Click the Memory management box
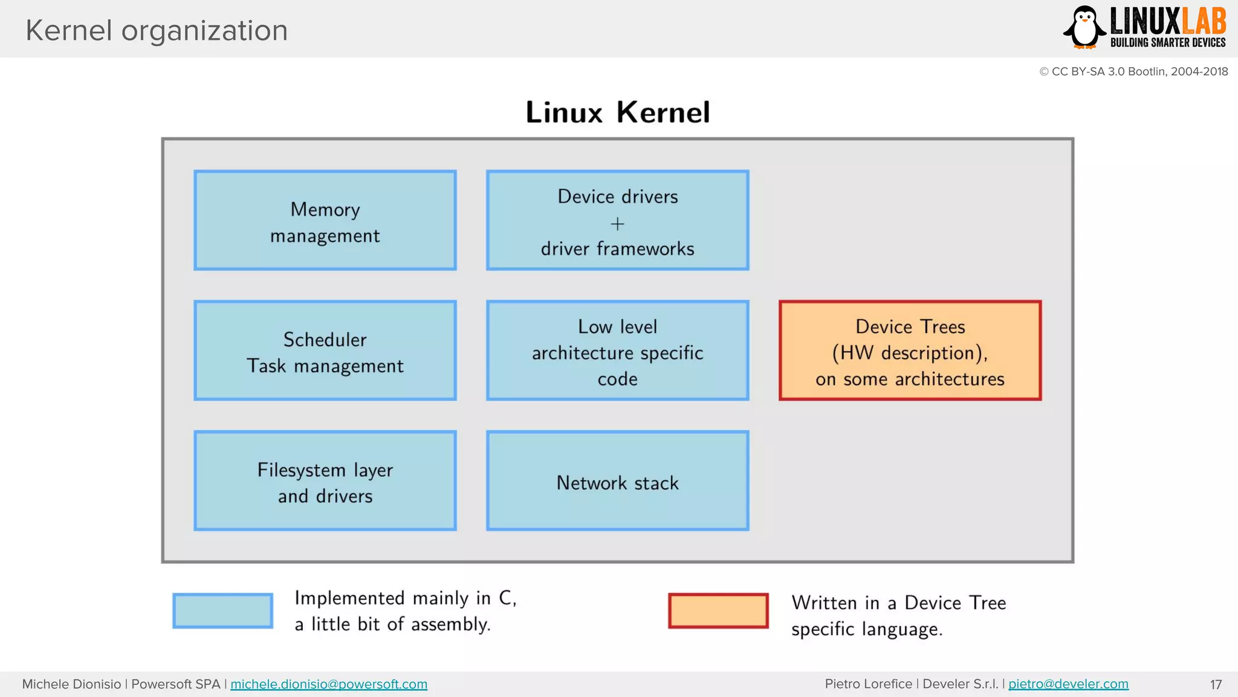[x=325, y=221]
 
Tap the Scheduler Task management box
[x=325, y=351]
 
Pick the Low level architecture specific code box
[x=617, y=351]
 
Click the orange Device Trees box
[x=910, y=351]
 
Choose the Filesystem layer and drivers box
[x=325, y=481]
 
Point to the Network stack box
[x=617, y=481]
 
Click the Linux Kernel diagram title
[x=617, y=113]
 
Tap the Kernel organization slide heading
[x=157, y=30]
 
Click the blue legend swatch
[x=222, y=610]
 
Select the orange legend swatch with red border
[x=718, y=610]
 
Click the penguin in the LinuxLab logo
[x=1085, y=27]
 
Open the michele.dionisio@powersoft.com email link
[x=329, y=684]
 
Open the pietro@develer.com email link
[x=1068, y=684]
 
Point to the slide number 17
[x=1216, y=685]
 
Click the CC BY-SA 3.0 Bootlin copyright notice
[x=1133, y=71]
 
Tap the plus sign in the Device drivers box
[x=617, y=224]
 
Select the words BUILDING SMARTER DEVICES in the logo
[x=1167, y=42]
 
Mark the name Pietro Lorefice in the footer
[x=868, y=684]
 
